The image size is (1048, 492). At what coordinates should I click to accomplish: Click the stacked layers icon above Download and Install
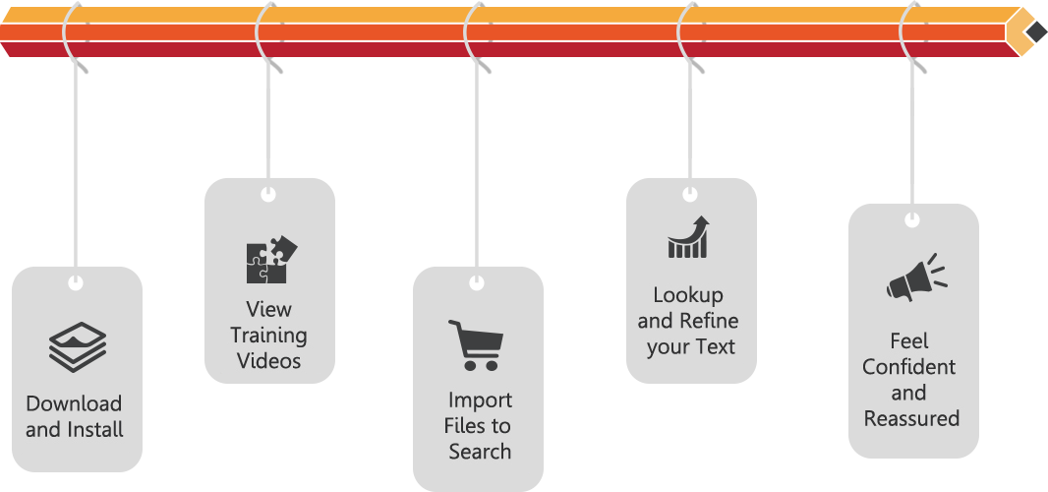click(x=77, y=346)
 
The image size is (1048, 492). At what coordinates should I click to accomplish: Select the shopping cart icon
click(x=476, y=344)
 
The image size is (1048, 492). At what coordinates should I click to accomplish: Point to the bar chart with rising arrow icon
click(x=689, y=237)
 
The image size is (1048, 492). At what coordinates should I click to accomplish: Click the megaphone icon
click(x=915, y=278)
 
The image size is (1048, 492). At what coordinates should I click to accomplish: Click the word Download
click(x=74, y=403)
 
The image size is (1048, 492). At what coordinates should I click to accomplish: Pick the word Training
click(x=268, y=336)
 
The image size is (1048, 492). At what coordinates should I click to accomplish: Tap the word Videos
click(x=268, y=361)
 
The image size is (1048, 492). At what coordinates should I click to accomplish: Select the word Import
click(x=480, y=400)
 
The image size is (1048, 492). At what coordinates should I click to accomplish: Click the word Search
click(x=480, y=452)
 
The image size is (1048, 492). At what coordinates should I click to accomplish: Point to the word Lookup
click(x=688, y=295)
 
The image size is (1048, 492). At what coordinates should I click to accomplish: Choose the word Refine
click(x=709, y=321)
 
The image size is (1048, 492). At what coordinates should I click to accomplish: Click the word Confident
click(x=909, y=367)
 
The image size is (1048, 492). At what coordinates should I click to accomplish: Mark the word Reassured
click(x=911, y=418)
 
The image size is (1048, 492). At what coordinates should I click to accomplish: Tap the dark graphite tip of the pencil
click(x=1035, y=31)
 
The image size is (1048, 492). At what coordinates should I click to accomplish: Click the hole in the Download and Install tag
click(x=75, y=284)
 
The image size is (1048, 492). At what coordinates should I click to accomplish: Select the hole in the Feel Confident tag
click(x=912, y=220)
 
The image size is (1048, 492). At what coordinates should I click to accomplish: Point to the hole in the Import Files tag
click(x=477, y=283)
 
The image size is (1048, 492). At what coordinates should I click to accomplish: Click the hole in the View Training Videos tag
click(x=268, y=195)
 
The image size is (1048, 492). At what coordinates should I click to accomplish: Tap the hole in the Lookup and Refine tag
click(x=690, y=195)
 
